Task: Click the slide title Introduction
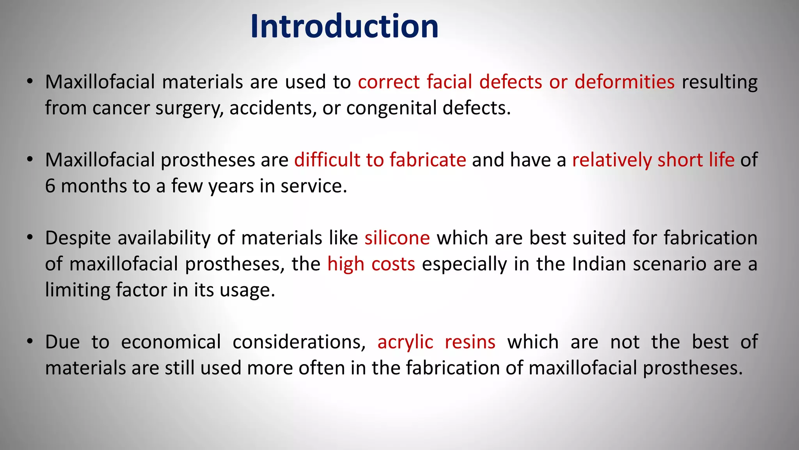click(x=344, y=27)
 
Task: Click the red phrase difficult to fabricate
click(x=380, y=160)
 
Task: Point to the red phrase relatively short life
click(x=653, y=160)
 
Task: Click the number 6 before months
click(x=50, y=186)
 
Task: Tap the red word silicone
click(x=397, y=238)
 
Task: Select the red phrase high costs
click(x=371, y=264)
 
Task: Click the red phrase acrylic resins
click(x=436, y=342)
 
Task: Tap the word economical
click(x=171, y=342)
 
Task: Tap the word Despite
click(x=78, y=238)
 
